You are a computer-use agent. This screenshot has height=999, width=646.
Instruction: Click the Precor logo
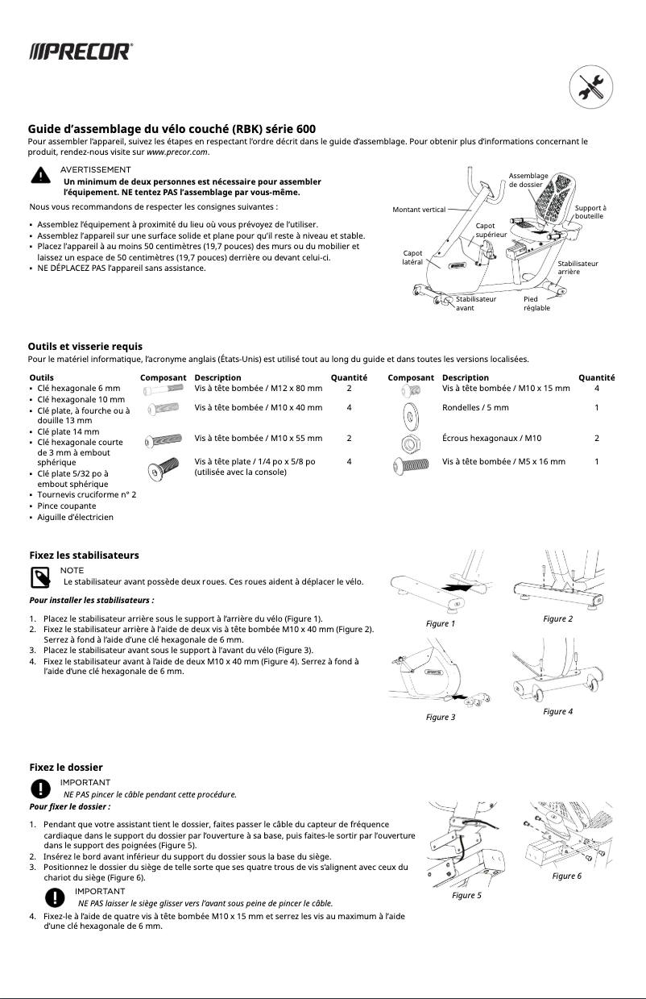pyautogui.click(x=81, y=52)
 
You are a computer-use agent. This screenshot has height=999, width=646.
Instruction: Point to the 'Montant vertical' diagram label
pyautogui.click(x=418, y=210)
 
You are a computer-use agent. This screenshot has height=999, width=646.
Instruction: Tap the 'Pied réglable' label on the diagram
pyautogui.click(x=536, y=303)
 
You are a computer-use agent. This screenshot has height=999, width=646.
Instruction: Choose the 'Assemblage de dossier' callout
pyautogui.click(x=528, y=180)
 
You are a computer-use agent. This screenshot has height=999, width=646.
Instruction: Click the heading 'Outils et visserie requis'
pyautogui.click(x=85, y=347)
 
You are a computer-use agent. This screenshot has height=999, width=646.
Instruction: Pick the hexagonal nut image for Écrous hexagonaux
pyautogui.click(x=411, y=441)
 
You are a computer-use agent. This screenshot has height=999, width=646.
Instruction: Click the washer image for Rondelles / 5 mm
pyautogui.click(x=411, y=415)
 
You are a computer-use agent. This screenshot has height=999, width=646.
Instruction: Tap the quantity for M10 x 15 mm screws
pyautogui.click(x=596, y=388)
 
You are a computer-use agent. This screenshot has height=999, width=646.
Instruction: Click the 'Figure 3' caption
pyautogui.click(x=441, y=717)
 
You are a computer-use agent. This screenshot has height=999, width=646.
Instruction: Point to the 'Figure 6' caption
pyautogui.click(x=567, y=876)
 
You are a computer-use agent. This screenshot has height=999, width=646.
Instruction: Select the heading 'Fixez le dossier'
pyautogui.click(x=65, y=767)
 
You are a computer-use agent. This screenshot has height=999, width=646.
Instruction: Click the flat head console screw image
pyautogui.click(x=158, y=469)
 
